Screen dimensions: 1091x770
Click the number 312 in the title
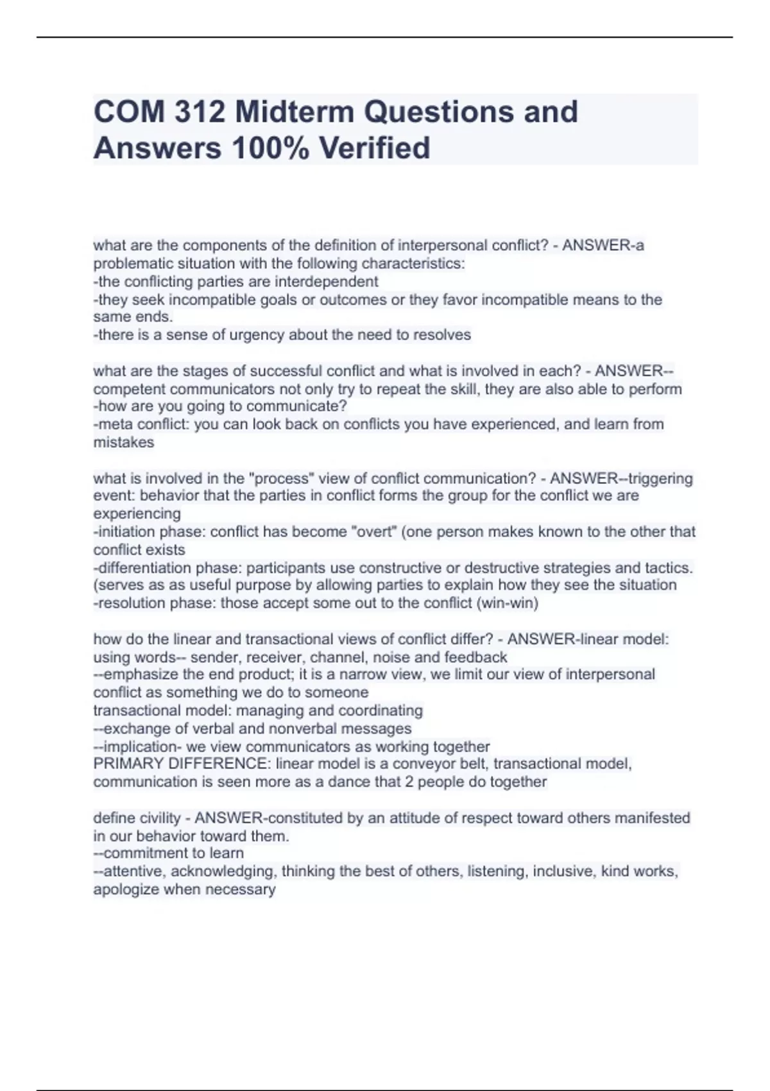(199, 112)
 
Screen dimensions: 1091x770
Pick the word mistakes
(124, 443)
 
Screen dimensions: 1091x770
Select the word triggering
(660, 479)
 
